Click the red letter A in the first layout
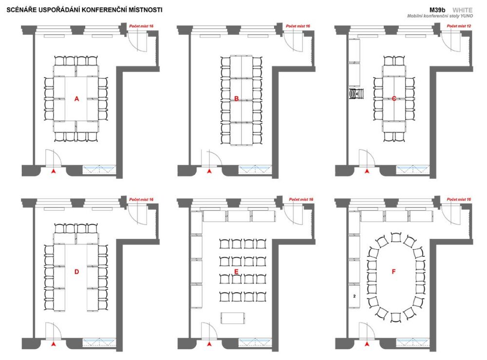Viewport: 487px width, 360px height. pos(77,99)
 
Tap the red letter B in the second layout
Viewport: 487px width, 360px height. pos(236,99)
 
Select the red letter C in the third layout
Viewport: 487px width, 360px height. pos(394,99)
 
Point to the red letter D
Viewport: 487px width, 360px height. pos(77,272)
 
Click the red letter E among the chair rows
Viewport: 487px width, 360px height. pos(236,272)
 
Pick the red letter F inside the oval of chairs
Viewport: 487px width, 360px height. pos(394,272)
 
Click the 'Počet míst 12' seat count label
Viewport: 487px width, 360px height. pos(459,26)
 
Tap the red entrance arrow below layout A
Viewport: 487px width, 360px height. pos(54,171)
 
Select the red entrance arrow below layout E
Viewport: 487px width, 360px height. pos(209,344)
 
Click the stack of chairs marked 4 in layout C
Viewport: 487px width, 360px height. pos(356,94)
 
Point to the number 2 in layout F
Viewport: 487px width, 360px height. pos(355,296)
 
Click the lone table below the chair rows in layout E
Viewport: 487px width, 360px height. pos(233,318)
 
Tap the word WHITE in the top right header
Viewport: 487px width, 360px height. pos(462,10)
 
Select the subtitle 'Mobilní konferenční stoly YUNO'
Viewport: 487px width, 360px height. pos(440,16)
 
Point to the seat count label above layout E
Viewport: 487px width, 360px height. pos(301,199)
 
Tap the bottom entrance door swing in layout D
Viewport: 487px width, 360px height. pos(54,330)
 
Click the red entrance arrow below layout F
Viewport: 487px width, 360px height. pos(367,344)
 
